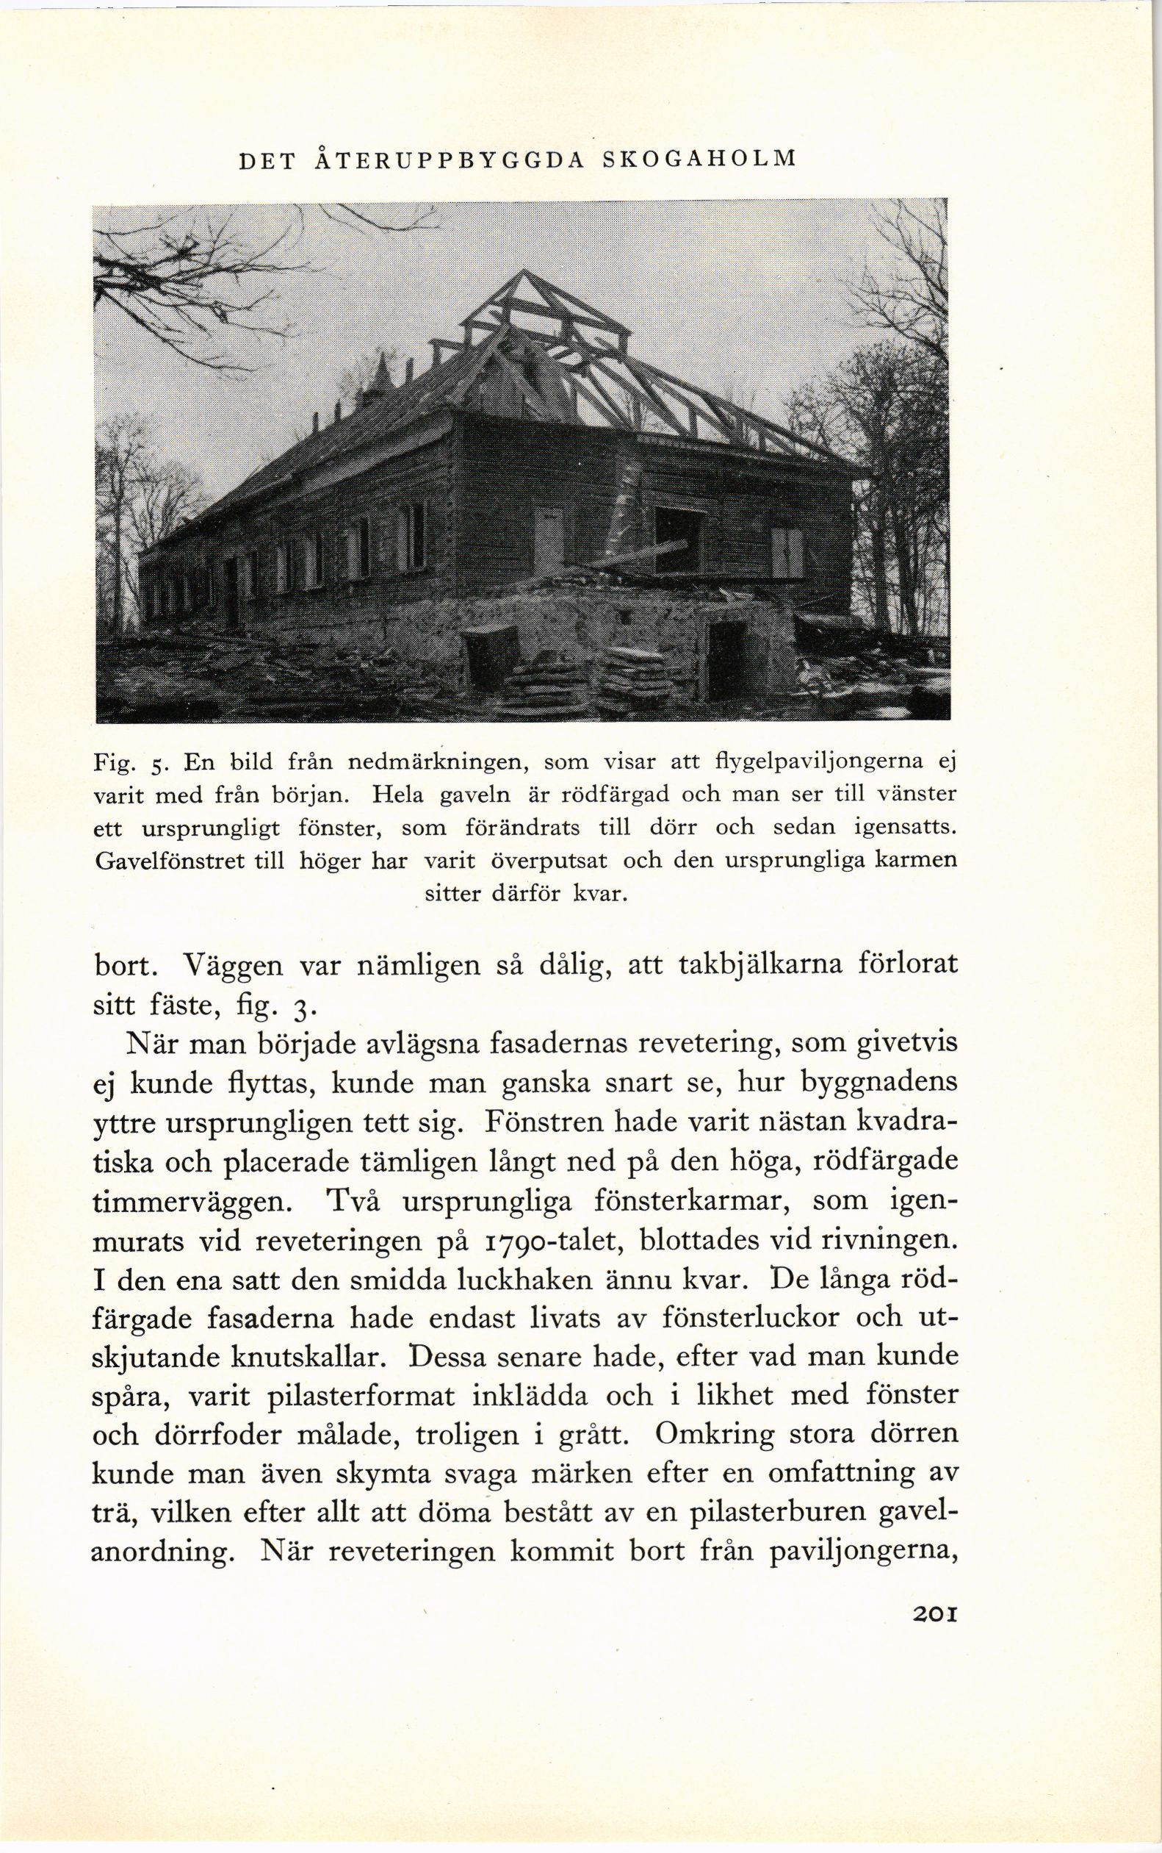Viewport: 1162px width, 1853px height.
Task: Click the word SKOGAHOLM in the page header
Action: pyautogui.click(x=699, y=160)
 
